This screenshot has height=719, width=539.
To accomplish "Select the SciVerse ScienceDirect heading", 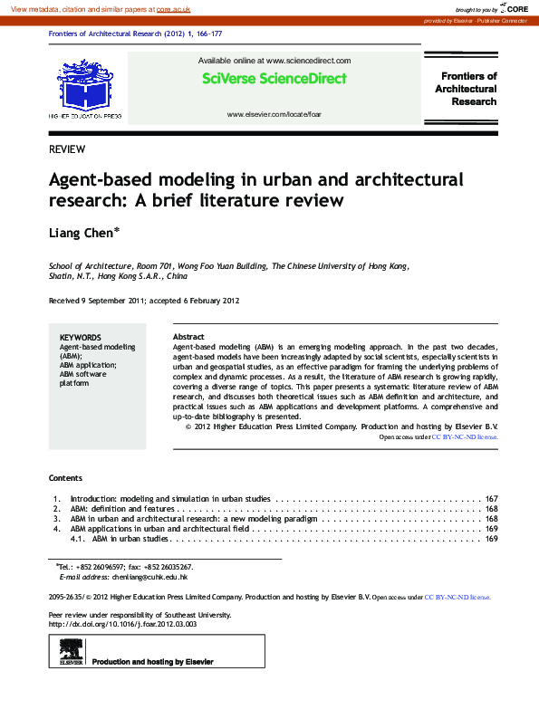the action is [274, 79].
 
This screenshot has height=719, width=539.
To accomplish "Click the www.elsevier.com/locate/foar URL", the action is [274, 115].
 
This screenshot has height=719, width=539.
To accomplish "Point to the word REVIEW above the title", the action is [67, 149].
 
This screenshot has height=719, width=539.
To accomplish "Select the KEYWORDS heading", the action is [80, 337].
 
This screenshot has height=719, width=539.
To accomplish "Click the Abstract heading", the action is [188, 337].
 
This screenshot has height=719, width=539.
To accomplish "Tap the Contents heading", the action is [65, 477].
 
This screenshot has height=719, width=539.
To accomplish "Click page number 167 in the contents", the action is [492, 499].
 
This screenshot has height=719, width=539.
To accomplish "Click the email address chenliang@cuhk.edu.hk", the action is [149, 577].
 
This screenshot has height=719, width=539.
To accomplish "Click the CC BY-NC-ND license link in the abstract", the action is [464, 436].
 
